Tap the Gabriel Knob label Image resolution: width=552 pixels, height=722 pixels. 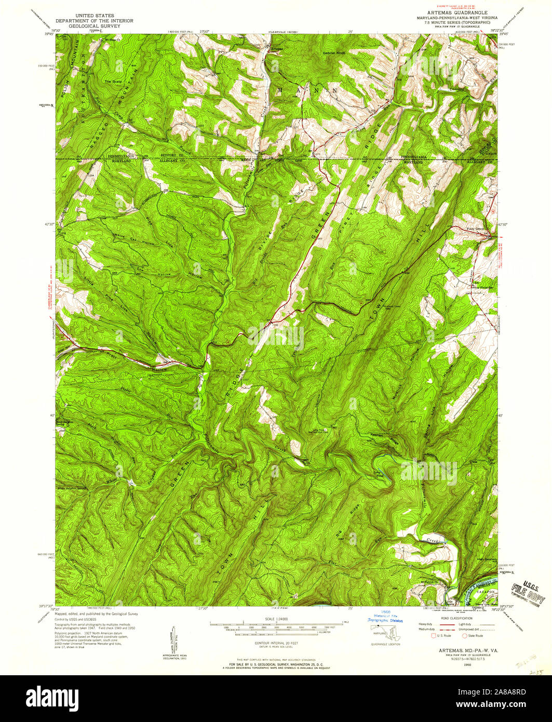point(334,52)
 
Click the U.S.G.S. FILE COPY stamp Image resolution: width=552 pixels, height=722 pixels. point(528,593)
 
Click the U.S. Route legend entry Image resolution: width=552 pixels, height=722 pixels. point(439,636)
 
